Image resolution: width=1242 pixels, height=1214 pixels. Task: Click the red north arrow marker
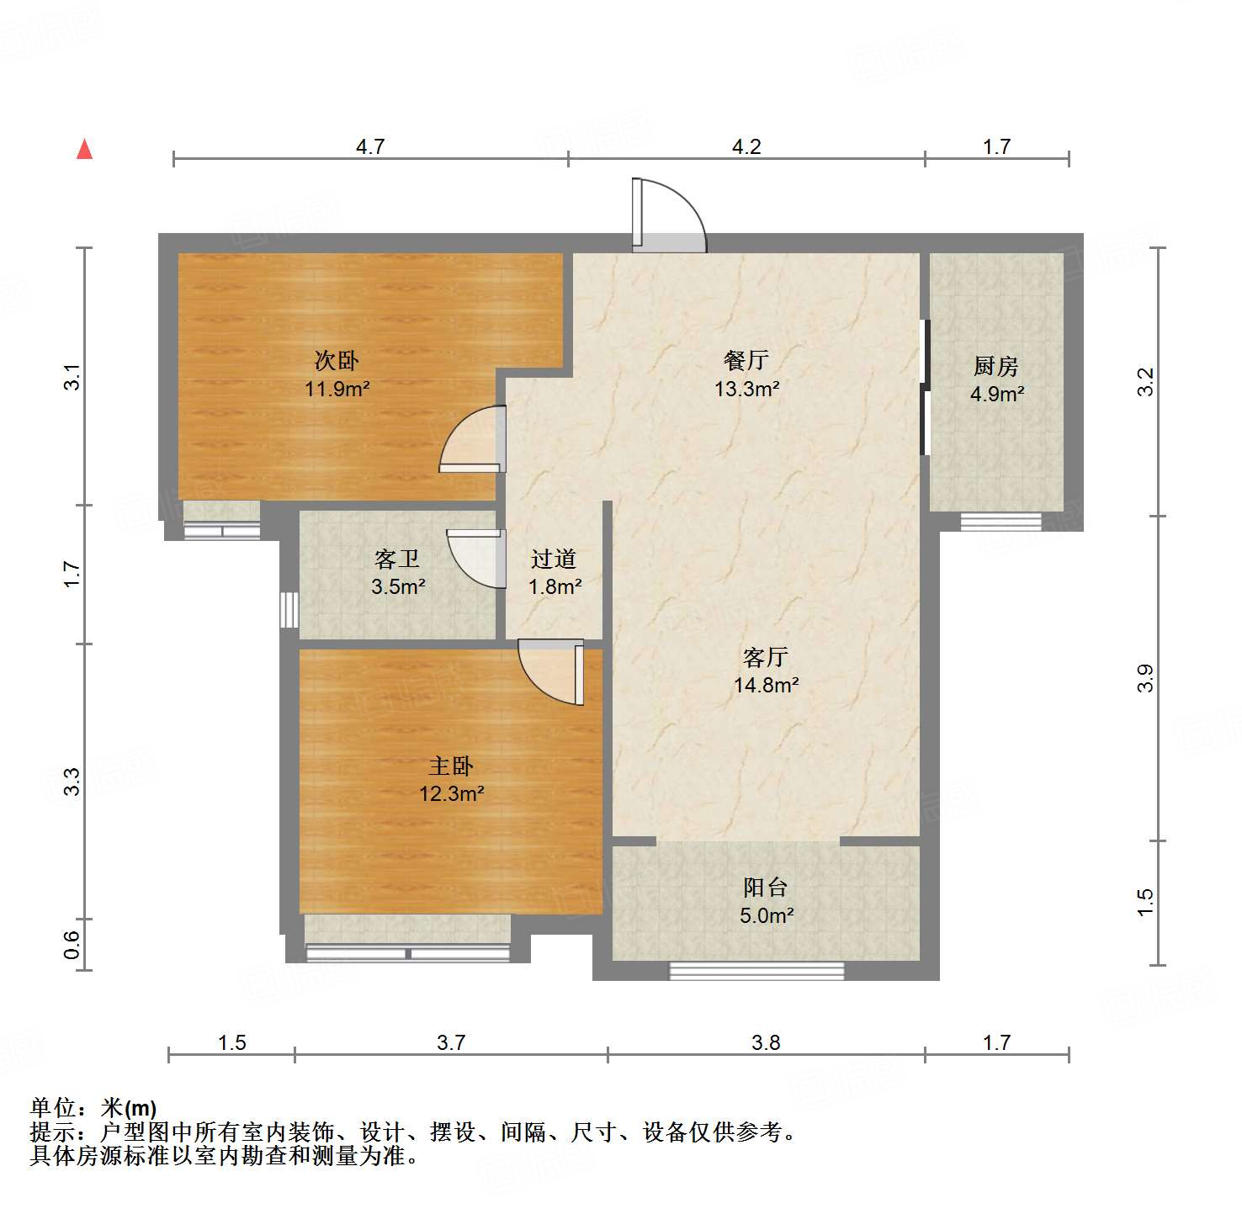84,149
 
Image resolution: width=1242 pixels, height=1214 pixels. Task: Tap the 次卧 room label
337,361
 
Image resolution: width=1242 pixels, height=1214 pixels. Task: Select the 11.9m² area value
337,389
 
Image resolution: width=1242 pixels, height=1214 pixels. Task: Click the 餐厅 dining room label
746,361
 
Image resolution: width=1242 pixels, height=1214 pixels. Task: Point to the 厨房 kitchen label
995,366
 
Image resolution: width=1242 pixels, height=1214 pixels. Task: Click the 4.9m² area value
996,394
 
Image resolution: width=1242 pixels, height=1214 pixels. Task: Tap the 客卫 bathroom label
397,559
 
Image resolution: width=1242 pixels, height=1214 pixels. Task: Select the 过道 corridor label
554,559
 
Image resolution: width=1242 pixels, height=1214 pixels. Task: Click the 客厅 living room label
765,657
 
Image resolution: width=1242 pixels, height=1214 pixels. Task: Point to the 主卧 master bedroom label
451,766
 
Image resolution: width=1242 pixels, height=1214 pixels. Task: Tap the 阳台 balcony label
765,887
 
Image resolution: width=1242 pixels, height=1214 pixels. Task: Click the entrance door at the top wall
668,218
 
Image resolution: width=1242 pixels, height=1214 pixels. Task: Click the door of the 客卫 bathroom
476,559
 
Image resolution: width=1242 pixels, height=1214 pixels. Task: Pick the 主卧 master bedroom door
552,670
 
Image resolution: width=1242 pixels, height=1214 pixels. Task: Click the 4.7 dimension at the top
370,147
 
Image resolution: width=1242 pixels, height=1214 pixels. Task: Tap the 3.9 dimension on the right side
1144,678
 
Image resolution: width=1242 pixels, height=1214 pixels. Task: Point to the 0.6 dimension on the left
72,945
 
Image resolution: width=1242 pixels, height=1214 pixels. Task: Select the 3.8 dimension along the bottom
766,1043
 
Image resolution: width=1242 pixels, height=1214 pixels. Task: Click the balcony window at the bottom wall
756,971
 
